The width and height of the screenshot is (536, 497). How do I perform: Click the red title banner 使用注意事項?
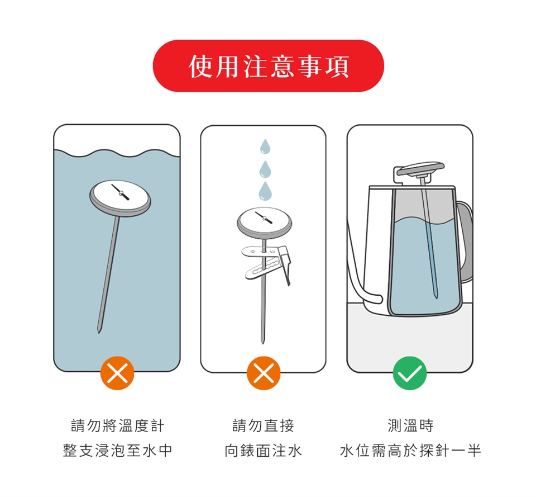[x=269, y=66]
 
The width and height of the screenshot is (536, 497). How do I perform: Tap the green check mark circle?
[x=409, y=373]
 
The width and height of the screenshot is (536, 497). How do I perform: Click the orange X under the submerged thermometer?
[x=117, y=373]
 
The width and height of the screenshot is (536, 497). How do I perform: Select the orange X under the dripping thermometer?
[x=264, y=373]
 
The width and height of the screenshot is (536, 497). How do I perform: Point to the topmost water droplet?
[x=265, y=146]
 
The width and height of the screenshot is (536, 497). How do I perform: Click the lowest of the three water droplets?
[x=265, y=191]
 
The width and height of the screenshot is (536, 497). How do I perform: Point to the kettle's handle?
[x=465, y=240]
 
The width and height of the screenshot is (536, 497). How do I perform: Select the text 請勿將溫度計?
[x=118, y=425]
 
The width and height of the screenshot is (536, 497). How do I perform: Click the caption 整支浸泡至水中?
[x=118, y=451]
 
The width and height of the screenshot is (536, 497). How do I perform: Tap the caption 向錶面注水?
[x=264, y=451]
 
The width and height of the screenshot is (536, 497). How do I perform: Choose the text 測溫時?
[x=410, y=425]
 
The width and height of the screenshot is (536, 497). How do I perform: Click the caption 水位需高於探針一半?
[x=410, y=451]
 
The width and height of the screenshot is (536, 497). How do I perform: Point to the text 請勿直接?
[x=264, y=425]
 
